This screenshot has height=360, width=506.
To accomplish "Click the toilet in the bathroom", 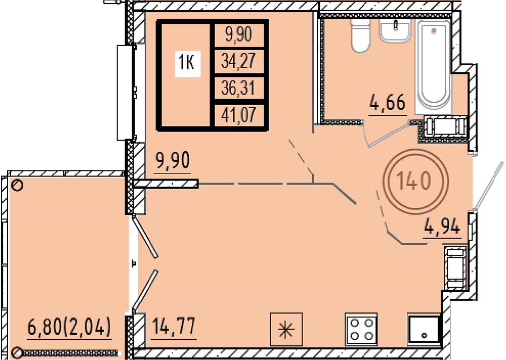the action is pos(360,35).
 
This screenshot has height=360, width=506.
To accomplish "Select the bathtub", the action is pos(434,65).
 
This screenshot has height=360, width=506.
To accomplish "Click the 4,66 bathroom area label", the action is pos(387,103).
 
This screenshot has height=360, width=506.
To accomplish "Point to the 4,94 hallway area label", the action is pos(442,227).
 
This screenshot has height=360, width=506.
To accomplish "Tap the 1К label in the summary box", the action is pos(187,62).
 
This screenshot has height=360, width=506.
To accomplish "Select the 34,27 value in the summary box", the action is pos(238,61).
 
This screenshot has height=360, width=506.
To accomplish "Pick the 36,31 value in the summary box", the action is pos(238,88).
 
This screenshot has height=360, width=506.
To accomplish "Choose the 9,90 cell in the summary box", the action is pos(238,34).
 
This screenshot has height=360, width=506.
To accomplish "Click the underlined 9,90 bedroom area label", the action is pos(173,160).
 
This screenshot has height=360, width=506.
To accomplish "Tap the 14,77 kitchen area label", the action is pos(173,326).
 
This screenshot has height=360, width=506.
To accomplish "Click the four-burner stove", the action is pos(361,329).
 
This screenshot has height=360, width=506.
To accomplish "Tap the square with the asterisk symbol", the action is pos(286,329).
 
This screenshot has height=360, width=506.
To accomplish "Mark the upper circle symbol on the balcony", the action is pos(17,185).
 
